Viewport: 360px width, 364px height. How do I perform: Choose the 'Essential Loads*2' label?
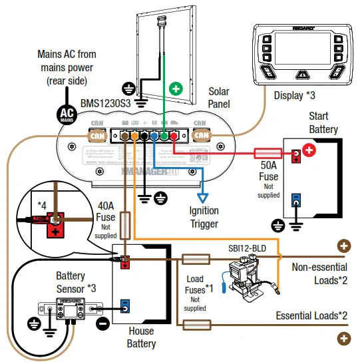[x=311, y=315]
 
